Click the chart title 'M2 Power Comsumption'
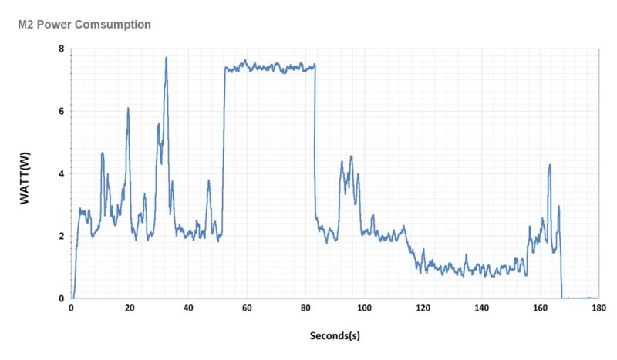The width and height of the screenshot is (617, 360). click(x=84, y=25)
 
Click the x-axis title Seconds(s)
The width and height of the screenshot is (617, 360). click(x=335, y=336)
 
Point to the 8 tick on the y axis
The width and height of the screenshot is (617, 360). click(x=62, y=49)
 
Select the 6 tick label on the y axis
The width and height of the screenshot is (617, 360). click(x=62, y=112)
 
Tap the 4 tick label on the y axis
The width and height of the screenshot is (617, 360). click(x=62, y=174)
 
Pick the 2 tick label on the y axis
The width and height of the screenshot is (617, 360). click(x=62, y=237)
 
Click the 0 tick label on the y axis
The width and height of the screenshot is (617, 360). click(x=62, y=298)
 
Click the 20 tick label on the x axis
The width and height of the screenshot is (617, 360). click(x=130, y=308)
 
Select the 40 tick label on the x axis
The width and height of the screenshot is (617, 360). click(x=188, y=308)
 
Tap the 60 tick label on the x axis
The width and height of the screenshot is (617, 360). click(x=247, y=308)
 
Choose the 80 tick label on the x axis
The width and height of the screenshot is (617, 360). click(x=305, y=308)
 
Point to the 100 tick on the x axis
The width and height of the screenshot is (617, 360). click(x=364, y=308)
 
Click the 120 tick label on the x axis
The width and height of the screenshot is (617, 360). click(x=423, y=308)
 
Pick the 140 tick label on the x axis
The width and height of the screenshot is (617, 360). click(x=481, y=308)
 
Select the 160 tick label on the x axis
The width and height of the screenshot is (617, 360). click(x=540, y=308)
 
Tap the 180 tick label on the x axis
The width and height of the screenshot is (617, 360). click(x=598, y=308)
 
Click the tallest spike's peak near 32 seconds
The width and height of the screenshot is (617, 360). click(x=166, y=58)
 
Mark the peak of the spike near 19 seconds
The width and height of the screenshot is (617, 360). click(x=128, y=109)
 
